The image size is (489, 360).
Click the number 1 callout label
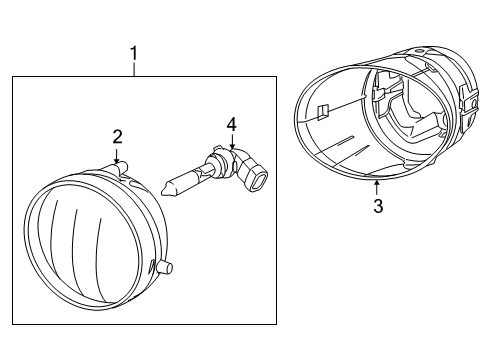click(x=134, y=53)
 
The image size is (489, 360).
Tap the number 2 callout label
click(x=117, y=136)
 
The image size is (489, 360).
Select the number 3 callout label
click(x=377, y=208)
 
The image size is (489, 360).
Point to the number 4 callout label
click(x=231, y=124)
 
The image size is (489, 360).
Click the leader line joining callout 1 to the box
click(x=134, y=69)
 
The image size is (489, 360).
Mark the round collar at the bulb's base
click(x=215, y=166)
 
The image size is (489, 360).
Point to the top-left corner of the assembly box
click(x=12, y=77)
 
